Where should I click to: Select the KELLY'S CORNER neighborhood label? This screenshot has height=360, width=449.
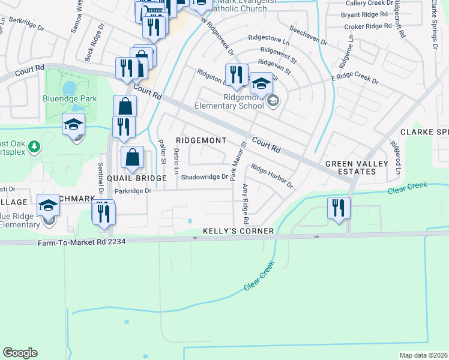point(238,231)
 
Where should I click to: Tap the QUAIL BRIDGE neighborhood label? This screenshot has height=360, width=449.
point(137,178)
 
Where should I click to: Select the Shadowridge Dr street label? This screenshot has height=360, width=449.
point(205,177)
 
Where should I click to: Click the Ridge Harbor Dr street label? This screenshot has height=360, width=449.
point(272,176)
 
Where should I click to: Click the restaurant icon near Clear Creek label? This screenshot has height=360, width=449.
point(339,209)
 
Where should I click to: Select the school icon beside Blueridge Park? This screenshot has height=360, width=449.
point(74,125)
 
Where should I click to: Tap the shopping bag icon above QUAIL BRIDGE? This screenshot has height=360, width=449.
point(132,158)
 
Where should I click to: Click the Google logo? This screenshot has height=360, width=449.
point(20,353)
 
